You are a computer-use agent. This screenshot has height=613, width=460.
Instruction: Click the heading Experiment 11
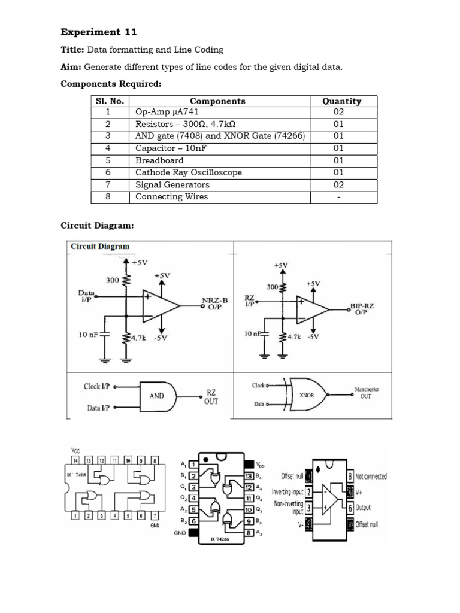pyautogui.click(x=99, y=32)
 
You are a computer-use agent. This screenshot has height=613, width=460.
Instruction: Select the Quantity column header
pyautogui.click(x=341, y=101)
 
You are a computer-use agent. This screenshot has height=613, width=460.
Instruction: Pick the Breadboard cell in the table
pyautogui.click(x=159, y=160)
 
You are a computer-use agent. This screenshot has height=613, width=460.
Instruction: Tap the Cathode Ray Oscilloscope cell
pyautogui.click(x=188, y=172)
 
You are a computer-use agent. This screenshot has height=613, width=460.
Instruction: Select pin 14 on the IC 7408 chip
pyautogui.click(x=75, y=461)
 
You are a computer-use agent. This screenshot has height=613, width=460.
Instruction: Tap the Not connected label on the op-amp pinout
pyautogui.click(x=371, y=477)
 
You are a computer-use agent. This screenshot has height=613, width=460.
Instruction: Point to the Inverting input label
pyautogui.click(x=287, y=491)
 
